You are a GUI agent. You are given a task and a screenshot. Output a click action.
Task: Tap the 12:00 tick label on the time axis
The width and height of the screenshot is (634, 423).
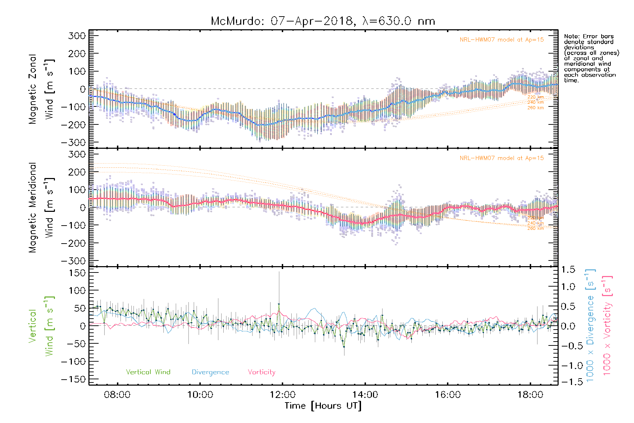point(282,395)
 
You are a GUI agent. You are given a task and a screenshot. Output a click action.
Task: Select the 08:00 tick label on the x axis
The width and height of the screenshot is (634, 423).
point(117,395)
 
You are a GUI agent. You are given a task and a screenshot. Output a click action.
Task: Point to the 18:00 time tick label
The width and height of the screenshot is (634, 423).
point(530,395)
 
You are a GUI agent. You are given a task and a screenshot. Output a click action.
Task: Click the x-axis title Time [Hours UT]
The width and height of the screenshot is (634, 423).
point(323,406)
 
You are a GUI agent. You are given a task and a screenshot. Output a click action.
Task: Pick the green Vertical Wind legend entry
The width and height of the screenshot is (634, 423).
point(148,372)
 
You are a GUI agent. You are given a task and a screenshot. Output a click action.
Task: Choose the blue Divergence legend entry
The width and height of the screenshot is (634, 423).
point(210,372)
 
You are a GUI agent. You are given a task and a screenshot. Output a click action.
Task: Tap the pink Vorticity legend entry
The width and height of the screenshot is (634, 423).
point(261,372)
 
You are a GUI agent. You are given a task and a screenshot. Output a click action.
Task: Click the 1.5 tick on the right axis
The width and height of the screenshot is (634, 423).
point(568,270)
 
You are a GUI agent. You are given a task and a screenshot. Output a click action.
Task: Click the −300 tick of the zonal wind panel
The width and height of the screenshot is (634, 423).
point(73,142)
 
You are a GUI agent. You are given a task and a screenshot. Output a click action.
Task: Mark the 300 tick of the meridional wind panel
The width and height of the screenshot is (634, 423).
point(77,154)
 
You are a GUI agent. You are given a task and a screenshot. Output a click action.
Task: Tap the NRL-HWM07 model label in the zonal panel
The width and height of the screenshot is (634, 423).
point(502,40)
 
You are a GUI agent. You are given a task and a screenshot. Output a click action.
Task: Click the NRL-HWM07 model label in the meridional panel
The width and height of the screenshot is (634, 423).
point(502,158)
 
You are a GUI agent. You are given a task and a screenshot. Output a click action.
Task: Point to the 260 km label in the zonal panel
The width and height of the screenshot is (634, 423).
point(535,108)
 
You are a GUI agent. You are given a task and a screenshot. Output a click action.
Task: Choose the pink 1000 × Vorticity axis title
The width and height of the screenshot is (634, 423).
point(607,325)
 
